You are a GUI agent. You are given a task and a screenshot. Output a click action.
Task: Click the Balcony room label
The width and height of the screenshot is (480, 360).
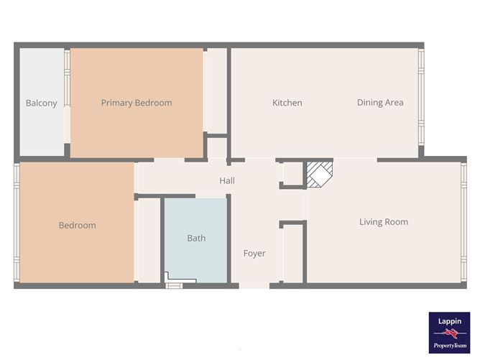42,103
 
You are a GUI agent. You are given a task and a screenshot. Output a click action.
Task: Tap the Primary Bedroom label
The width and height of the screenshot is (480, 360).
137,103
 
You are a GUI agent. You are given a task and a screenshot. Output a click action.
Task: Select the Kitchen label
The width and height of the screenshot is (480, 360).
287,103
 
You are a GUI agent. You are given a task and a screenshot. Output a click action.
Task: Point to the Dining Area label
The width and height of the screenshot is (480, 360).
380,103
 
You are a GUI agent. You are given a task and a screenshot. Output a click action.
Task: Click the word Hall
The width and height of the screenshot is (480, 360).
227,180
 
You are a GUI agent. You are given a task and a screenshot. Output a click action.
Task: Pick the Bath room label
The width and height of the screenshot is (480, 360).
196,238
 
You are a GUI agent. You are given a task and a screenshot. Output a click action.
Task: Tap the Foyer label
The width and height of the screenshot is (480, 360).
254,254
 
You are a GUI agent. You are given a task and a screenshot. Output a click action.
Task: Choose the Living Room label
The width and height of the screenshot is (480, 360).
384,222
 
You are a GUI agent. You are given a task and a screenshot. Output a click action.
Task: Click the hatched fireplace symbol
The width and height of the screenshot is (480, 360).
320,175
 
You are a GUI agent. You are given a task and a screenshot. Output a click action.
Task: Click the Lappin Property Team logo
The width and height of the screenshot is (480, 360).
449,333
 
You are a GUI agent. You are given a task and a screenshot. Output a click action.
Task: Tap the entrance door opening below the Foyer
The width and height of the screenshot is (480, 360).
254,286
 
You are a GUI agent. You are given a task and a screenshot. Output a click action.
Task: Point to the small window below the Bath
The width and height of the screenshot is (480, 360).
174,286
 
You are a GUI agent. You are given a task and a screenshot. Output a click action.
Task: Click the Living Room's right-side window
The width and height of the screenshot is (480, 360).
463,222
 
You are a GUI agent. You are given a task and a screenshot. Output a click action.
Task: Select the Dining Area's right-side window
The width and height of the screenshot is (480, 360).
421,97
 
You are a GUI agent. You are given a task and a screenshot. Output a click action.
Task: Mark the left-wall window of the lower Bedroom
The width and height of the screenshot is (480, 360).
17,222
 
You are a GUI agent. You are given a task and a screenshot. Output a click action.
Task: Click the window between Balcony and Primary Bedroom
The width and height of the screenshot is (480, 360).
67,78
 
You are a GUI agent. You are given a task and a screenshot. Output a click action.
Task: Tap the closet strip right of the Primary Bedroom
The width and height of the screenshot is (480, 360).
215,91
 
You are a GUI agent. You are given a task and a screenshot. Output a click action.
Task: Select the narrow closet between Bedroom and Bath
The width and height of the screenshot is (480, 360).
147,240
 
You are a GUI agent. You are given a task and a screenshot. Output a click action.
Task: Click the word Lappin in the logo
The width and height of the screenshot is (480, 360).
449,321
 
